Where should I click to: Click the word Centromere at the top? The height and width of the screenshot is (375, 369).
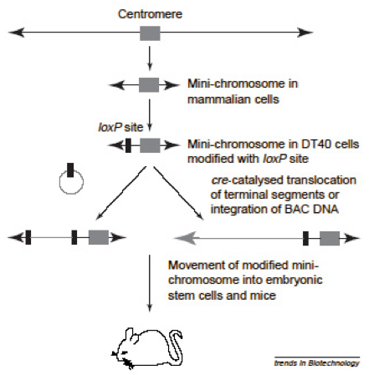pos(150,14)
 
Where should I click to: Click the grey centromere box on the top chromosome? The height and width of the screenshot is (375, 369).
pos(150,33)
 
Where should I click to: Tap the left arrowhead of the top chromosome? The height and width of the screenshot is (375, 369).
pos(17,33)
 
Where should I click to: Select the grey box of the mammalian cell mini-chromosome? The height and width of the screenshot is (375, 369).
pos(149,85)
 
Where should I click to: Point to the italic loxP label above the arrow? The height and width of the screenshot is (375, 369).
pos(110,127)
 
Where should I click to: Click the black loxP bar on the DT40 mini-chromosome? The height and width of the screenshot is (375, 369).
pos(128,145)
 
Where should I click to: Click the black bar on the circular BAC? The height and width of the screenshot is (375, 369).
pos(70,170)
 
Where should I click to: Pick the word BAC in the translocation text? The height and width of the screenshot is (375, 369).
pos(296,209)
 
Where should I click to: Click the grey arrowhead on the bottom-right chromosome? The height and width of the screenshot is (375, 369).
pos(185,238)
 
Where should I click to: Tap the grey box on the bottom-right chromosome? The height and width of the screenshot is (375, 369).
pos(330,238)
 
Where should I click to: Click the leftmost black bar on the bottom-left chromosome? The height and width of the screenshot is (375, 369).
pos(28,237)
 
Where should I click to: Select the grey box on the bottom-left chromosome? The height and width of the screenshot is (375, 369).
pos(99,237)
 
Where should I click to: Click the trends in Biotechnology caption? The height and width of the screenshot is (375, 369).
pos(317,362)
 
